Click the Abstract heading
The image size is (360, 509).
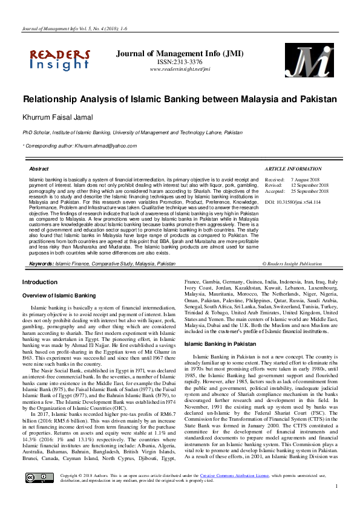(x=39, y=169)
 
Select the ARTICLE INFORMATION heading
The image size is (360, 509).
(x=293, y=169)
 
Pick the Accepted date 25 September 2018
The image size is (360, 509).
(x=310, y=191)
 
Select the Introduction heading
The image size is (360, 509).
(x=39, y=282)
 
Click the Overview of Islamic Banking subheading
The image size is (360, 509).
(x=59, y=295)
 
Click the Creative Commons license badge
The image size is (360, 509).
(x=31, y=494)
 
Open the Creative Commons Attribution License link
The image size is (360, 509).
(x=235, y=491)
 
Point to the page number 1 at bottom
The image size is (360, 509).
(x=336, y=503)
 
